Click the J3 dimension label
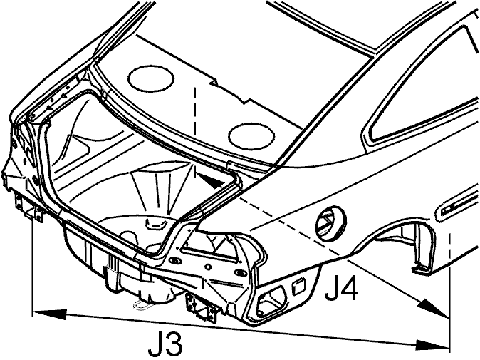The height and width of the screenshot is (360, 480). click(165, 345)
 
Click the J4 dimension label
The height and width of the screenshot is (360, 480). click(341, 289)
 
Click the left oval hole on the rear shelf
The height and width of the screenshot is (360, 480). click(151, 78)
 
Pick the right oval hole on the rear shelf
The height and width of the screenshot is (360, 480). click(251, 135)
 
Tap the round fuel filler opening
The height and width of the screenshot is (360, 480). click(330, 222)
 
